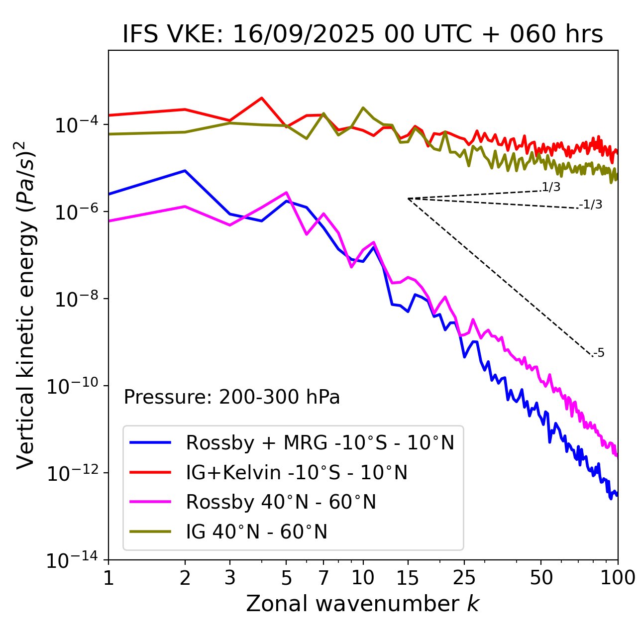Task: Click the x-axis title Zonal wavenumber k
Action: coord(363,604)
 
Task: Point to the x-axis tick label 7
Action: coord(323,577)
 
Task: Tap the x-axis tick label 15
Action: coord(408,577)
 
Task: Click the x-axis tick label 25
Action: coord(464,577)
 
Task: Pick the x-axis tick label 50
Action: coord(541,577)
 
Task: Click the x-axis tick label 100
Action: coord(618,577)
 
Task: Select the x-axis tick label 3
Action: coord(230,577)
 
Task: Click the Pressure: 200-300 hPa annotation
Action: coord(231,397)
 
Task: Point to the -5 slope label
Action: coord(599,353)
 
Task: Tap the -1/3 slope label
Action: coord(591,205)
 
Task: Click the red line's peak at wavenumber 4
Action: coord(262,98)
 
